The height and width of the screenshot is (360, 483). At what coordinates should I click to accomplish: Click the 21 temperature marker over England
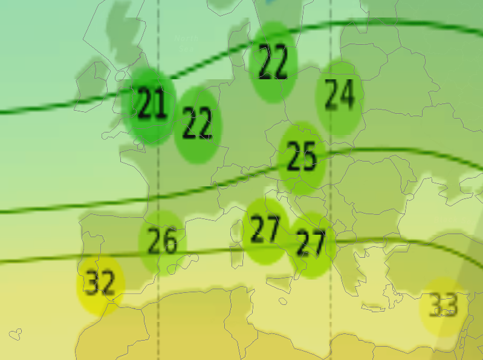coord(151,105)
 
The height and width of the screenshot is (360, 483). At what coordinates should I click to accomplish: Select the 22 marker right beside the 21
coord(198,125)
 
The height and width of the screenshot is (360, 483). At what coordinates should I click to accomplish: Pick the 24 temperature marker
coord(339,97)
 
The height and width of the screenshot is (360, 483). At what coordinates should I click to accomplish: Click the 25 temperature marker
coord(302,157)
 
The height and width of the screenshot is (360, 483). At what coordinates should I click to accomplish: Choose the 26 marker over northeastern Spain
coord(162,242)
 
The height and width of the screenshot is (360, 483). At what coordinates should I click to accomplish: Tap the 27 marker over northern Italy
coord(265,231)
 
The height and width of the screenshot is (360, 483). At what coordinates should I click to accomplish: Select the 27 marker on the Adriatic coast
coord(311,244)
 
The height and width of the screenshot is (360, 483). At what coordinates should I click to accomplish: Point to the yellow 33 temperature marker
coord(444,306)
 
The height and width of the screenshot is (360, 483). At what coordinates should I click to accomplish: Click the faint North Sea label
coord(186,42)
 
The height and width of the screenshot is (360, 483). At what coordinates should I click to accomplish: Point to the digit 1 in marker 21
coord(160,105)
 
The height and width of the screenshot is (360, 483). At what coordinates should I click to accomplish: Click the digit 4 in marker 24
coord(347,97)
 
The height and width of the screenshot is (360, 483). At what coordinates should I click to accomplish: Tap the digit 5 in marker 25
coord(309,157)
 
